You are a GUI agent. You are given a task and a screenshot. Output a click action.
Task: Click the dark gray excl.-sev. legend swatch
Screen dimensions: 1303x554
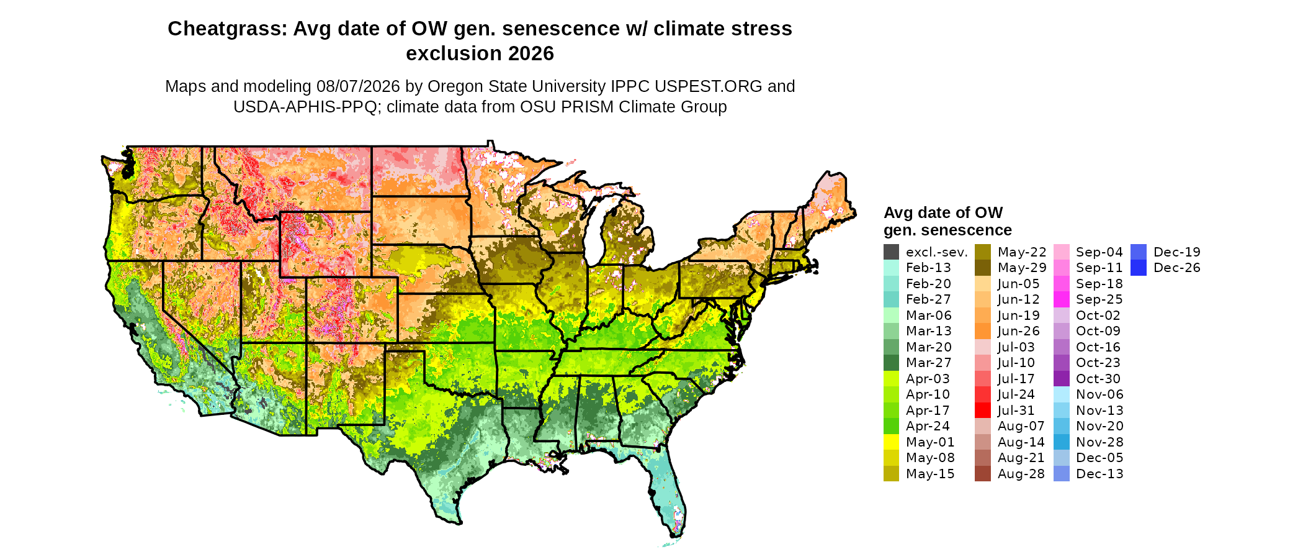click(892, 252)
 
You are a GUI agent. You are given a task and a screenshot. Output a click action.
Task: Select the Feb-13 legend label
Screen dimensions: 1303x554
click(928, 268)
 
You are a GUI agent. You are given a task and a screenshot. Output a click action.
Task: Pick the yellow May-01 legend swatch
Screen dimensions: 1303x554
click(892, 442)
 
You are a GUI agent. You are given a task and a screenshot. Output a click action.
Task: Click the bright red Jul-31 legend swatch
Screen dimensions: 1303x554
click(983, 411)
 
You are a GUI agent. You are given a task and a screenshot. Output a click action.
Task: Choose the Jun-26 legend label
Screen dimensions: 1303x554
click(1019, 331)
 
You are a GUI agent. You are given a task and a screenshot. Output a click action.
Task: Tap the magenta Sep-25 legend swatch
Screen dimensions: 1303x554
click(1062, 299)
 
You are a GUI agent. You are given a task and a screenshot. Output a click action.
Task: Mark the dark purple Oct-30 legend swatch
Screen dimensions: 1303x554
click(1062, 379)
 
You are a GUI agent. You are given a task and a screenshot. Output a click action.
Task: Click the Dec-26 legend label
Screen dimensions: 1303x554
click(1177, 268)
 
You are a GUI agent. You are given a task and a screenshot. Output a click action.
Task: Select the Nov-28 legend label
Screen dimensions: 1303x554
click(1099, 442)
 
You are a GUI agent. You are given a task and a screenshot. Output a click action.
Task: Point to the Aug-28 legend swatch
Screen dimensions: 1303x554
click(983, 474)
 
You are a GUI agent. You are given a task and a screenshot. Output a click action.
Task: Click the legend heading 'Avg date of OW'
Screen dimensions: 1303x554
click(943, 213)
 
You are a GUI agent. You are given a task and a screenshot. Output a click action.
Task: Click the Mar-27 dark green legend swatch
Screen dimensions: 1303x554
click(892, 363)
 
